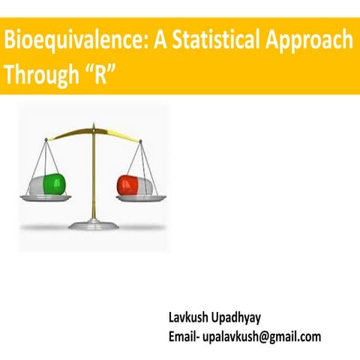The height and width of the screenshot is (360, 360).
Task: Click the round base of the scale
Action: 93,223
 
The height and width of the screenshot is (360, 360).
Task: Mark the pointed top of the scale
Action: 93,126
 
